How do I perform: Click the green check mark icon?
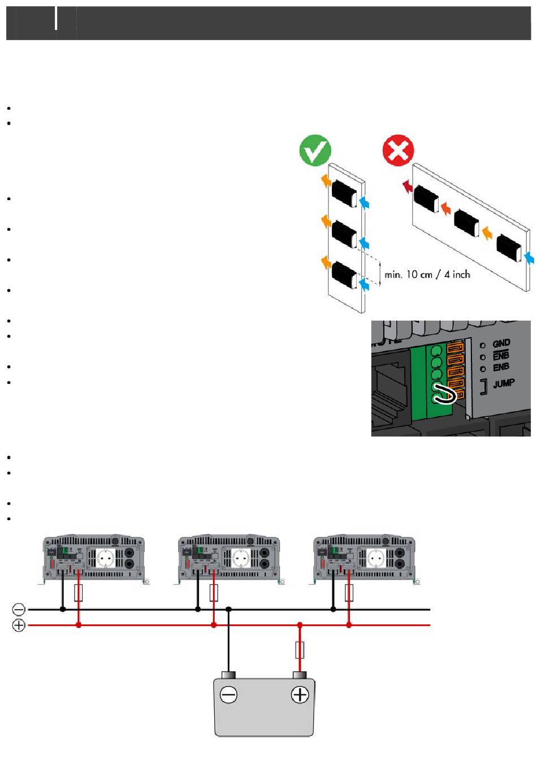tap(315, 150)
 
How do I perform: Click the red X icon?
tap(398, 150)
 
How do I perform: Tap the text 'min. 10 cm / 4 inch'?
tap(427, 275)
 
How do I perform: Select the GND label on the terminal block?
tap(501, 343)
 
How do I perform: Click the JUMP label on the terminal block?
tap(503, 384)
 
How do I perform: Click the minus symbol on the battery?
tap(228, 695)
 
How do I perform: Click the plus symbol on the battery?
tap(300, 695)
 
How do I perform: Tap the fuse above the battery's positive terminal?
tap(300, 650)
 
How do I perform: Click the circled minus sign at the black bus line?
tap(19, 610)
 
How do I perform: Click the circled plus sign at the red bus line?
tap(19, 625)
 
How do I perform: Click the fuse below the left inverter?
tap(79, 593)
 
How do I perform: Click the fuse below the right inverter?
tap(349, 593)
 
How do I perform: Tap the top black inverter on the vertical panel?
tap(344, 193)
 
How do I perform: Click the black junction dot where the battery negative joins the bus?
tap(228, 610)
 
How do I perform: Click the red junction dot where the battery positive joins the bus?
tap(300, 625)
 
